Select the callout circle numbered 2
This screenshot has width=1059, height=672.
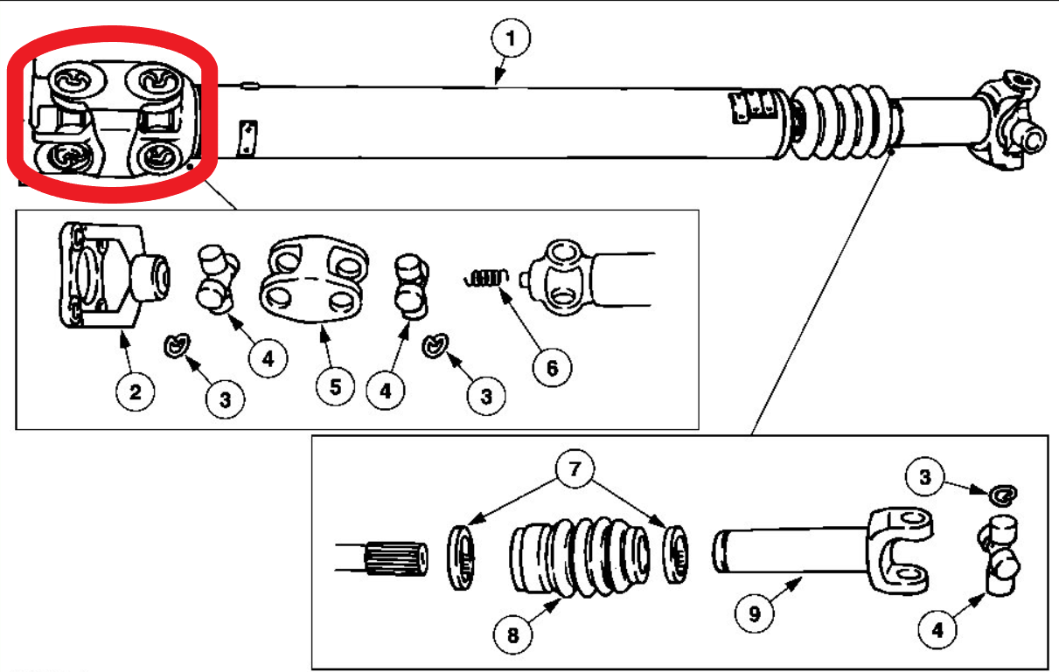[x=135, y=391]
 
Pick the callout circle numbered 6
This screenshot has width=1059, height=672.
[x=552, y=368]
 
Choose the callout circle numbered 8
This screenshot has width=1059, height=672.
[x=512, y=634]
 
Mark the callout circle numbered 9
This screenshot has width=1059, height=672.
[x=755, y=614]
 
